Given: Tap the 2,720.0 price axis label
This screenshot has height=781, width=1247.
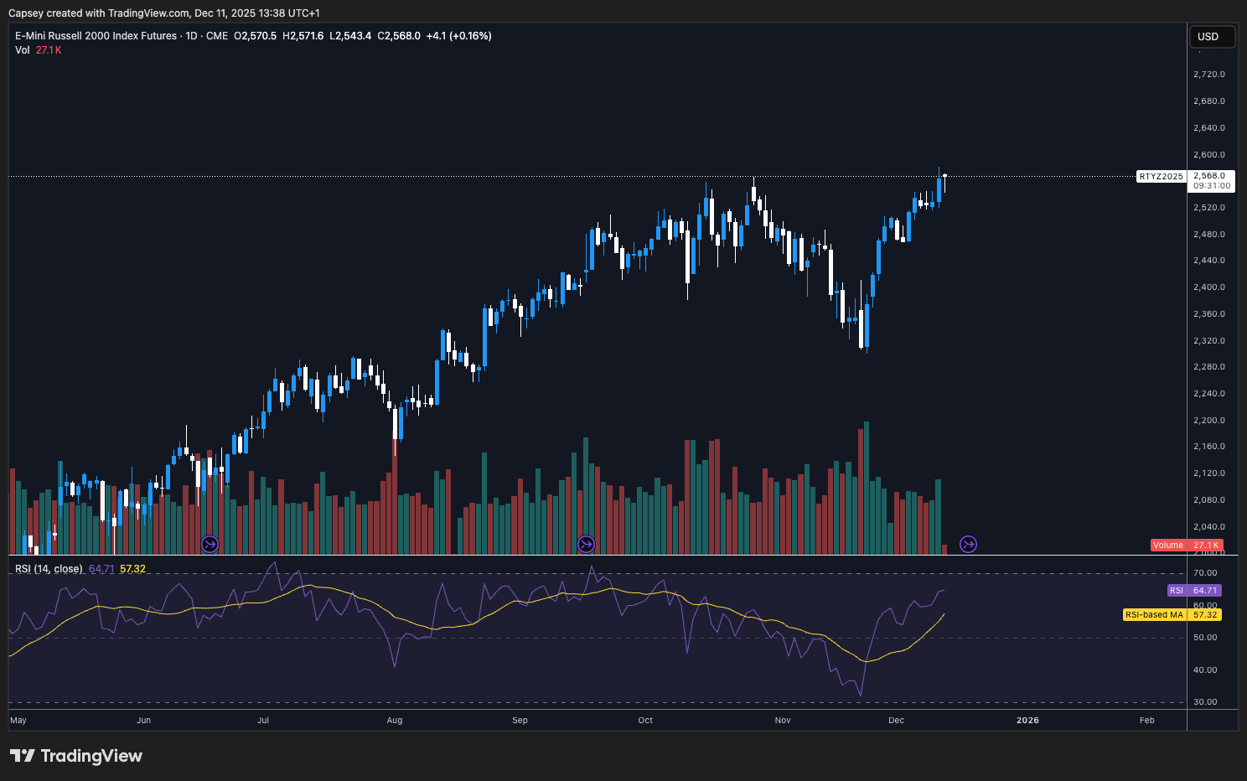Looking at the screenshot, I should tap(1208, 75).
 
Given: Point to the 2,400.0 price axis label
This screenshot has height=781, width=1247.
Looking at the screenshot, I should tap(1208, 287).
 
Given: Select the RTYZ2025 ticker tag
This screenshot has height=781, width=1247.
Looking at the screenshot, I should tap(1161, 177).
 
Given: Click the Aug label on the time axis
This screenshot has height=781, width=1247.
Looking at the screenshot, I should tap(395, 721).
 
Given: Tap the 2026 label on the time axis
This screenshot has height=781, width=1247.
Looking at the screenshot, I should tap(1027, 721).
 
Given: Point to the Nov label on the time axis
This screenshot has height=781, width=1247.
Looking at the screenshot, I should tap(783, 721).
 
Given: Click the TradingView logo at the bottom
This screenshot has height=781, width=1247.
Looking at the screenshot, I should tap(76, 756).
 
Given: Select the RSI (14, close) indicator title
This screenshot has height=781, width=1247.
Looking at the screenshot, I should tap(49, 569).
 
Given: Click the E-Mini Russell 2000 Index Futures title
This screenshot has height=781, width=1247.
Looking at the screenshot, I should tap(96, 36).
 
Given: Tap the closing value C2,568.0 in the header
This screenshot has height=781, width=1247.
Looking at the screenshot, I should tap(399, 36).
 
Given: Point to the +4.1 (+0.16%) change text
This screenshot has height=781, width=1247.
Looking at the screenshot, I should tap(458, 36).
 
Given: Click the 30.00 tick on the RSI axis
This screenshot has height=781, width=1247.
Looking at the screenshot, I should tap(1205, 702).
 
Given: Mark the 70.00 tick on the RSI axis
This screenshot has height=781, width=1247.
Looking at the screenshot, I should tap(1205, 573).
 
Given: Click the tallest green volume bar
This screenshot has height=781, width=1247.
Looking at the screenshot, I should tap(867, 486).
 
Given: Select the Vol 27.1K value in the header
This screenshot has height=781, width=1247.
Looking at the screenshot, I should tap(48, 50).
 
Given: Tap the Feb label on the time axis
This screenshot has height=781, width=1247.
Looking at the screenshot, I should tap(1147, 721).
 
